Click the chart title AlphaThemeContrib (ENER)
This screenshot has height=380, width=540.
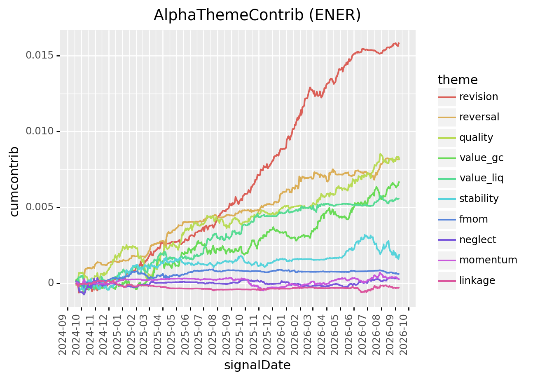tap(257, 15)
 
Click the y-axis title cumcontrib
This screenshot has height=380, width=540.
tap(14, 181)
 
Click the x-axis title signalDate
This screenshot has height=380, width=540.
tap(257, 365)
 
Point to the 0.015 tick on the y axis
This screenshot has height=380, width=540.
tap(40, 56)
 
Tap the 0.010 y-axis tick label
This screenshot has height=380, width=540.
tap(40, 131)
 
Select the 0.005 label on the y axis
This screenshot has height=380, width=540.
tap(40, 207)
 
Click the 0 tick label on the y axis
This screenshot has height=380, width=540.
tap(51, 283)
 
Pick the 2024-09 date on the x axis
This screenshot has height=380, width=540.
tap(63, 335)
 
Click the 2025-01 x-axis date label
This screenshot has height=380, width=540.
tap(117, 335)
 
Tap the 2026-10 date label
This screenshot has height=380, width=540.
tap(404, 335)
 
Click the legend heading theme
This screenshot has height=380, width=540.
tap(458, 80)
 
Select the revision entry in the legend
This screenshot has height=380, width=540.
tap(479, 97)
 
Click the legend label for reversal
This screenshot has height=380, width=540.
tap(479, 117)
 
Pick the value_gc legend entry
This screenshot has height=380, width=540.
tap(481, 158)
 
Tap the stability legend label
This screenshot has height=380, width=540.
tap(479, 199)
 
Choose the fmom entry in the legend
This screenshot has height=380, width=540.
tap(473, 219)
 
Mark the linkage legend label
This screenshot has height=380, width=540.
tap(477, 281)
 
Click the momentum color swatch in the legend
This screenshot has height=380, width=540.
tap(447, 260)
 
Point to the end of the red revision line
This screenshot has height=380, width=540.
tap(399, 43)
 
